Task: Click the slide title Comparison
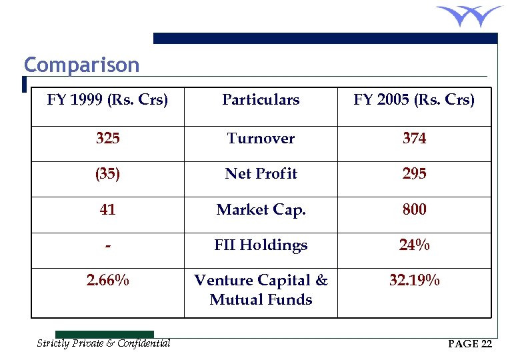[x=82, y=65]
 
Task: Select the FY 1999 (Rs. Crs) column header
[x=107, y=100]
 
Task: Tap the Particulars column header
[x=261, y=100]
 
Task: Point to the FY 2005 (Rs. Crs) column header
[x=414, y=100]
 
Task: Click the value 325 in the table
[x=107, y=139]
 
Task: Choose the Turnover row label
[x=261, y=139]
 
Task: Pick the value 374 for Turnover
[x=414, y=139]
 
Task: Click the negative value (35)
[x=107, y=174]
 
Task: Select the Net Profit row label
[x=261, y=174]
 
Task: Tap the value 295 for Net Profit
[x=414, y=174]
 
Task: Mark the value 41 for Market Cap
[x=107, y=210]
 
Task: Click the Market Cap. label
[x=261, y=210]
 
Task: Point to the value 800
[x=414, y=210]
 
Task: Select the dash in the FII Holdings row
[x=107, y=246]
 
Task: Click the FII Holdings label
[x=261, y=245]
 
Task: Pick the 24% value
[x=414, y=245]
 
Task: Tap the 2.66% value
[x=107, y=281]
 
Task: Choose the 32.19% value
[x=414, y=281]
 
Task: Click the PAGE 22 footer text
[x=470, y=344]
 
